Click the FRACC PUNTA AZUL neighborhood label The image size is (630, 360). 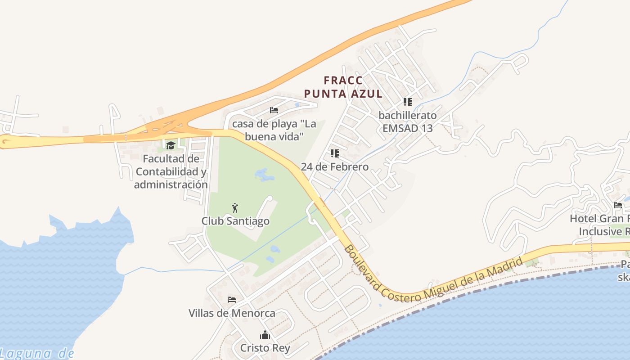point(343,87)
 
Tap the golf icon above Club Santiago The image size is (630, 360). point(235,208)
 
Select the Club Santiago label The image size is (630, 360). point(235,221)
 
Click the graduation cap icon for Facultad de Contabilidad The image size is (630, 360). point(171,145)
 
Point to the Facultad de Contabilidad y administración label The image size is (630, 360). point(171,171)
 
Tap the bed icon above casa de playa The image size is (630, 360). point(274,110)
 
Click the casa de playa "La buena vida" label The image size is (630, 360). point(274,130)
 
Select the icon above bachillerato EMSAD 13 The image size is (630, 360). point(407,102)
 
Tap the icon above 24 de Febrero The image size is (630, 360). point(334,153)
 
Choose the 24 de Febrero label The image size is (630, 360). point(334,167)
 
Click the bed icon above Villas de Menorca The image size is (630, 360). point(232,299)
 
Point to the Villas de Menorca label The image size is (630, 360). point(232,313)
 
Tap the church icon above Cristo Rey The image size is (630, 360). point(265,335)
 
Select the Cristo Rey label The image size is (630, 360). point(265,348)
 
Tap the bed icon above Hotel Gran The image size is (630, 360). point(618,205)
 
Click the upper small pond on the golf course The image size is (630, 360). point(264,175)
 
